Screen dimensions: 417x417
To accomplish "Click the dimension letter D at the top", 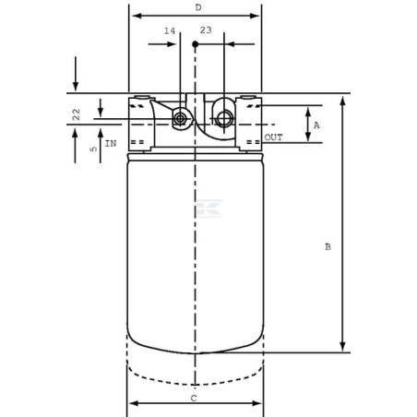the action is point(198,7).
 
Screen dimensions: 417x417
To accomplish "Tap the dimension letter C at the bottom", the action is point(194,399).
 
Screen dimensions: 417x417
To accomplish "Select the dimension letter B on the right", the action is point(328,246).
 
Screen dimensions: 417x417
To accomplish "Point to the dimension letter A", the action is point(316,125).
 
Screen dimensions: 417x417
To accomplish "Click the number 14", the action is point(170,30).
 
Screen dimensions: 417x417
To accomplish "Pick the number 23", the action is point(206,30).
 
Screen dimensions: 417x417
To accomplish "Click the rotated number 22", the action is point(76,114).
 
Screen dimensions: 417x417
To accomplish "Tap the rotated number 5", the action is point(93,149).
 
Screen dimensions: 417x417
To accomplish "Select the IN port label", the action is point(111,143).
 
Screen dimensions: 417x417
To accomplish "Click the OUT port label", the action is point(273,137).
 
